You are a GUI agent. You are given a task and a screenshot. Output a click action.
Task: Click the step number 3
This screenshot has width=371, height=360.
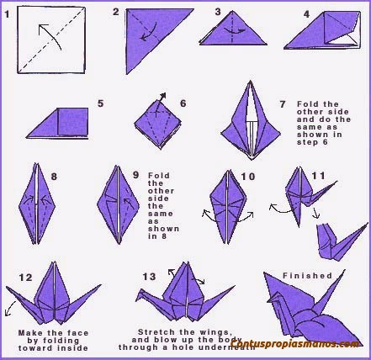pyautogui.click(x=218, y=13)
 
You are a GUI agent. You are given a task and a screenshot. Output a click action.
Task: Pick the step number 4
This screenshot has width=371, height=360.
pyautogui.click(x=307, y=14)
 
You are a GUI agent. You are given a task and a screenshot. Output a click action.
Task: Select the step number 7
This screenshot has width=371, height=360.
pyautogui.click(x=283, y=103)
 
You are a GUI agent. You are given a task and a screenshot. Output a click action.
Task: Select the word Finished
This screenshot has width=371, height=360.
pyautogui.click(x=307, y=275)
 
